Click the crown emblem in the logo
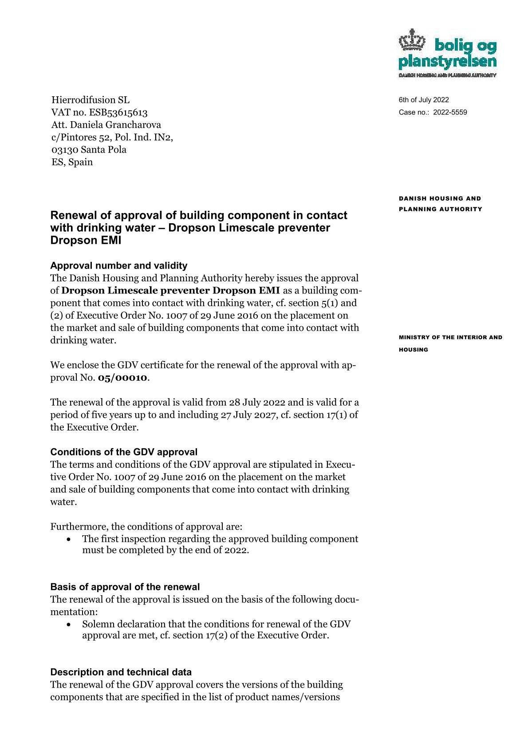coord(412,42)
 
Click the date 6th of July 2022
coord(424,100)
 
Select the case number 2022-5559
coord(450,112)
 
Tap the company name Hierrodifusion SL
coord(91,100)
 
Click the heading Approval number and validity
coord(119,265)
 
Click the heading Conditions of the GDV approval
coord(124,452)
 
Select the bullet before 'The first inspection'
coord(68,539)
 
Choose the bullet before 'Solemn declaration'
coord(68,624)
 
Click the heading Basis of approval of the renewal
coord(125,587)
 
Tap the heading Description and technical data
coord(121,672)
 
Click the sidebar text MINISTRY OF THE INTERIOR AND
coord(450,337)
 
